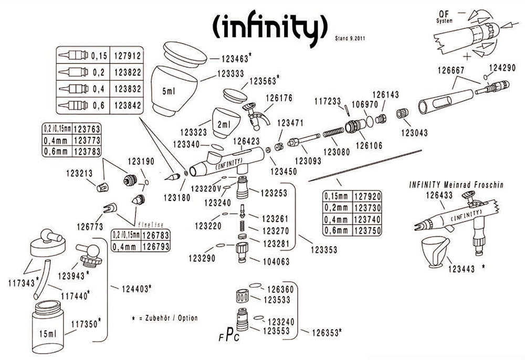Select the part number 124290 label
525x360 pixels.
[x=502, y=68]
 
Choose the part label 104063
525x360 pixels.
[x=276, y=261]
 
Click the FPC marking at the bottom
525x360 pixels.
[x=229, y=337]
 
